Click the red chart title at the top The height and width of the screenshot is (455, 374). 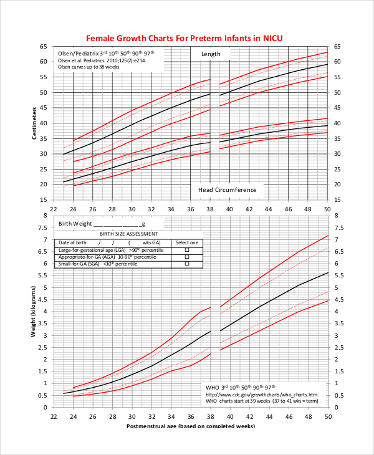184,38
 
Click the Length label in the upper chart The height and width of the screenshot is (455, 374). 211,54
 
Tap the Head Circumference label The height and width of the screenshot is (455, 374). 227,189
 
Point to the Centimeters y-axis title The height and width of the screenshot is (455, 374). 35,123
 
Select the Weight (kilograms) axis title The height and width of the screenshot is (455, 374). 35,310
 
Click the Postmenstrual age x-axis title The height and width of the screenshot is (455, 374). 191,426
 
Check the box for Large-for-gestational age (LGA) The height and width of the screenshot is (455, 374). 186,249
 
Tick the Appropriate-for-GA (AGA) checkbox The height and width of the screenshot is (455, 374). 186,257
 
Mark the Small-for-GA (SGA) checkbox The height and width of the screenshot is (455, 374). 186,264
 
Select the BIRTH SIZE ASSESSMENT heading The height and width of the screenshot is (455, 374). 125,234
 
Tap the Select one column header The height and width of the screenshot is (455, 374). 186,242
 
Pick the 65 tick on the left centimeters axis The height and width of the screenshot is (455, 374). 43,47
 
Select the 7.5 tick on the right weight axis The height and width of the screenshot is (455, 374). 338,228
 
